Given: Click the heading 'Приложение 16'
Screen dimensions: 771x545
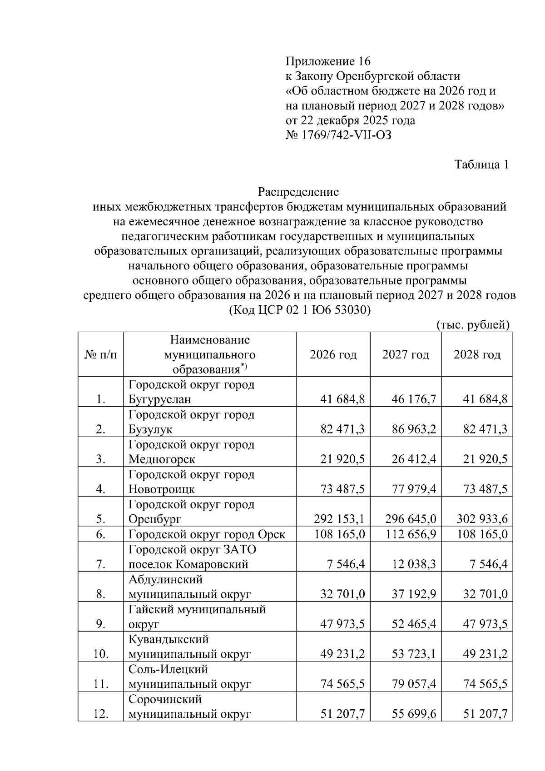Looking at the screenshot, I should [328, 61].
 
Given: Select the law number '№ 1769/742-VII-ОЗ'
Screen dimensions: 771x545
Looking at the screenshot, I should [338, 135].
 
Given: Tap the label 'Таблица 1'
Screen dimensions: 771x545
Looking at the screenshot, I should [481, 164].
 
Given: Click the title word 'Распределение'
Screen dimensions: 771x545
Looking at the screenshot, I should [298, 192].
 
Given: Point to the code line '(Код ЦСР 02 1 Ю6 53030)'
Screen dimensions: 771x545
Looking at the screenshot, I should [299, 310].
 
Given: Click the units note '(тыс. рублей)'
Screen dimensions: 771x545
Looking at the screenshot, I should [473, 325].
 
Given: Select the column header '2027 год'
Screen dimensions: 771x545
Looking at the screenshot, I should [406, 355].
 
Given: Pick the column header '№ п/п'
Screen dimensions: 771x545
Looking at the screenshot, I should [101, 355].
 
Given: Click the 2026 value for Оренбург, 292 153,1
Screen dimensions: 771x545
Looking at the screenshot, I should [339, 519].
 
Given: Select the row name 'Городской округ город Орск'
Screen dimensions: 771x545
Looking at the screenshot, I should [207, 534].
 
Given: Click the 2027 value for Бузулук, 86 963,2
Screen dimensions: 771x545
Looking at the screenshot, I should [414, 429].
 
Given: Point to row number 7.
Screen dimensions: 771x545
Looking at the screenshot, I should [101, 565].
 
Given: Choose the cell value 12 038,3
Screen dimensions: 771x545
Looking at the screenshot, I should [414, 565].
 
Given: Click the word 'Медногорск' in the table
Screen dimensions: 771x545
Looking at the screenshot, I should [162, 459].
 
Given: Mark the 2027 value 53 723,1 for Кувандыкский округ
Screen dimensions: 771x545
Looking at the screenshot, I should [414, 654].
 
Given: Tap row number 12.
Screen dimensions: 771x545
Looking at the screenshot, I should [101, 714].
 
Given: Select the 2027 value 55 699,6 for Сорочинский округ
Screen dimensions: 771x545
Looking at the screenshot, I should [414, 714].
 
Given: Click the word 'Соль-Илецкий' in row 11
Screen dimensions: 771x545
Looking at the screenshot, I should [168, 669].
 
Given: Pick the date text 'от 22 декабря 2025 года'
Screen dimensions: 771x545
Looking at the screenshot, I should [350, 121].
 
